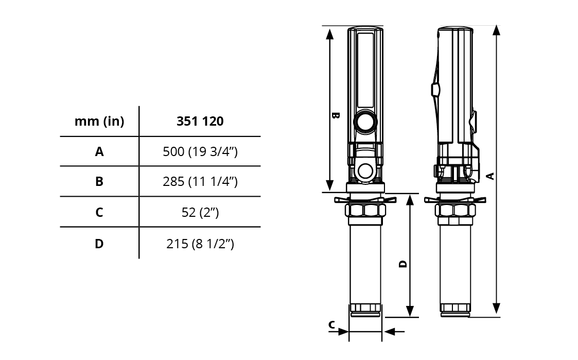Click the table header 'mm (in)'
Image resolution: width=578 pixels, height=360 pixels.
click(x=99, y=122)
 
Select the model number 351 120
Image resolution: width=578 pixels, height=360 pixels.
click(x=200, y=122)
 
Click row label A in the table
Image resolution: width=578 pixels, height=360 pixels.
click(x=99, y=151)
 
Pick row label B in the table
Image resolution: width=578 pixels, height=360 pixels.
click(x=99, y=181)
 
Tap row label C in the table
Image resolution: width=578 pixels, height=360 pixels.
click(x=99, y=213)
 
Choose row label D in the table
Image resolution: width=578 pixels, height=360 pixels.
click(x=99, y=244)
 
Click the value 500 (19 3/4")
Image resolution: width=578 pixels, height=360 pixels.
click(x=200, y=151)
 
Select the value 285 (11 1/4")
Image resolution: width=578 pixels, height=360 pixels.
click(x=200, y=181)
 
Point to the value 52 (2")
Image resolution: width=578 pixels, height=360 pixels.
click(x=200, y=213)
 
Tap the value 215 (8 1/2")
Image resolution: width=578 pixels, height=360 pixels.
click(x=200, y=244)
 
